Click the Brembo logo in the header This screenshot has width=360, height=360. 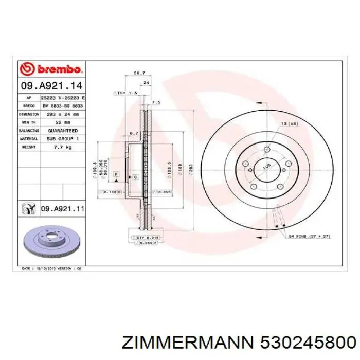[x=50, y=68]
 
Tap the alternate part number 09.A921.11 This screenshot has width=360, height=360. [x=62, y=209]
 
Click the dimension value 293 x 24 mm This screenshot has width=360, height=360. [x=63, y=114]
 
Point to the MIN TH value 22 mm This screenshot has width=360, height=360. [x=63, y=122]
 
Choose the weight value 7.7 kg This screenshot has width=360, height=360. [x=63, y=148]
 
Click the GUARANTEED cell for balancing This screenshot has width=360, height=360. [x=63, y=131]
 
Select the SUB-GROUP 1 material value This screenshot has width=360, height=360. [x=63, y=139]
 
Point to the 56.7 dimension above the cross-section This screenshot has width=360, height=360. [x=138, y=73]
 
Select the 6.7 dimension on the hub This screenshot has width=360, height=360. [x=134, y=133]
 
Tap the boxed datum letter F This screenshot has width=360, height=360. [x=116, y=175]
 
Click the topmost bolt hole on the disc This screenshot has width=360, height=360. [x=266, y=150]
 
